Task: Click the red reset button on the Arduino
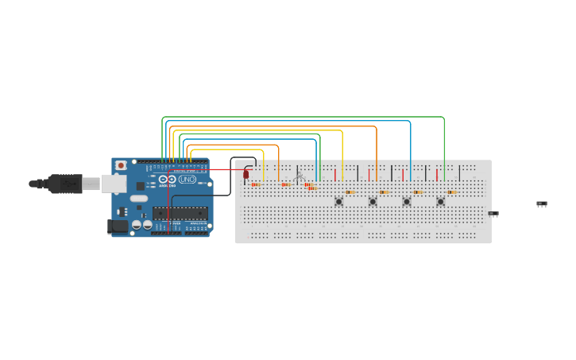pyautogui.click(x=121, y=165)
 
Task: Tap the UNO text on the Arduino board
pyautogui.click(x=187, y=180)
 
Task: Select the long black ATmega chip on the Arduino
pyautogui.click(x=180, y=212)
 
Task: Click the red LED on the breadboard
pyautogui.click(x=246, y=174)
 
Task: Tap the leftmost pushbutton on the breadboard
pyautogui.click(x=338, y=201)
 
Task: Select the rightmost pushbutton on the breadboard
pyautogui.click(x=440, y=201)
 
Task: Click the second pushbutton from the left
pyautogui.click(x=373, y=201)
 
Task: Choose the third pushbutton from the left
pyautogui.click(x=406, y=201)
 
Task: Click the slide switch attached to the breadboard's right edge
pyautogui.click(x=493, y=213)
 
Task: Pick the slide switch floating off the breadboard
pyautogui.click(x=542, y=203)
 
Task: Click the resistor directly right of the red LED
pyautogui.click(x=256, y=184)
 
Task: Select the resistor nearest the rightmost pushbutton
pyautogui.click(x=451, y=192)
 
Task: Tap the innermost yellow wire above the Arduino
pyautogui.click(x=226, y=149)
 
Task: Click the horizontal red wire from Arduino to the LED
pyautogui.click(x=226, y=169)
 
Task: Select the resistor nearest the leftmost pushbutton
pyautogui.click(x=350, y=192)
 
